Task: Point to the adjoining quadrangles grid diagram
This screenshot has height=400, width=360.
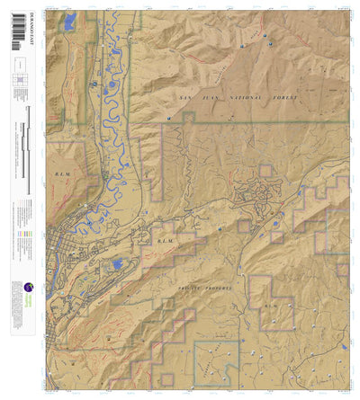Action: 19,80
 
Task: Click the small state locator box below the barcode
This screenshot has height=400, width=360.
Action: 18,65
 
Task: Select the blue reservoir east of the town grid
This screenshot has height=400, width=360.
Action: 117,265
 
